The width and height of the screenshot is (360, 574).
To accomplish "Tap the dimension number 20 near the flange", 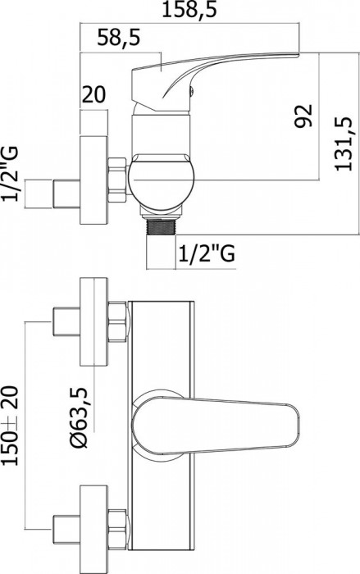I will coord(94,93).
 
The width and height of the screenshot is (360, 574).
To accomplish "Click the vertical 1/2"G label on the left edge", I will coord(12,175).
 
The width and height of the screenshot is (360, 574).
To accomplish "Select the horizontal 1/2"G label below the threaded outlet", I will coord(205,255).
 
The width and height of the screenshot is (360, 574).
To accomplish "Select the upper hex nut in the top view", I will coord(117,321).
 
